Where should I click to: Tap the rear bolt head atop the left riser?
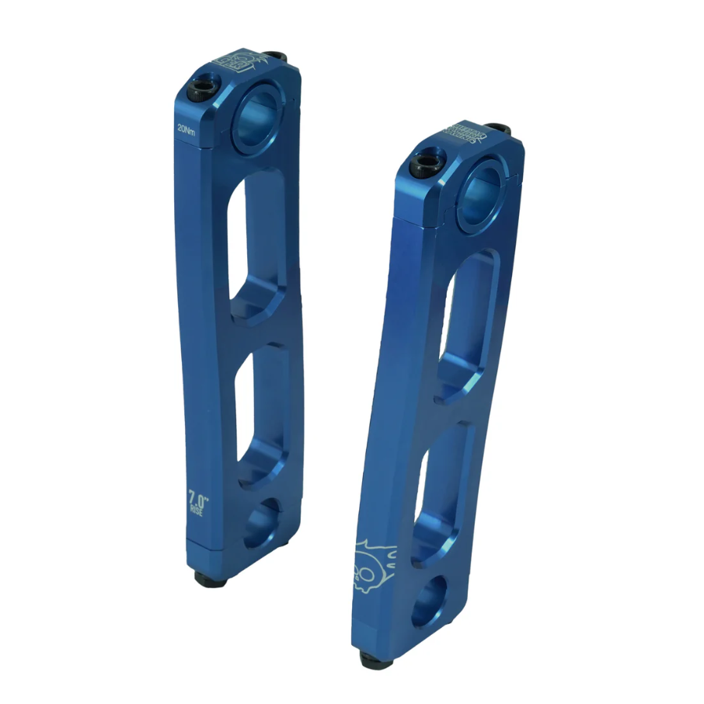[274, 58]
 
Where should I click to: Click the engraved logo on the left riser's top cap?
[238, 61]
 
